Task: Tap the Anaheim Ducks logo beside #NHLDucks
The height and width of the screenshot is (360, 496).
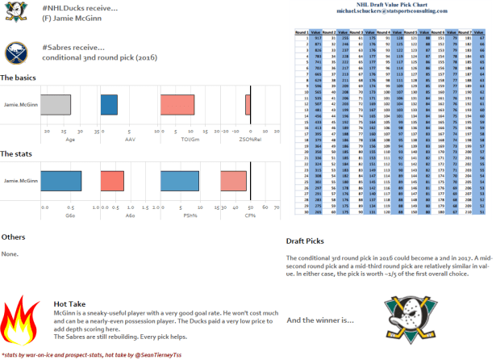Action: pyautogui.click(x=13, y=13)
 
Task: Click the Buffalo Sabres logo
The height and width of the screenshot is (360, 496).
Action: pyautogui.click(x=14, y=53)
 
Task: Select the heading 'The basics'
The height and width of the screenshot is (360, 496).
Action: pyautogui.click(x=19, y=77)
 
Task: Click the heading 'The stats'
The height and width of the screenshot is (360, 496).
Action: pyautogui.click(x=17, y=153)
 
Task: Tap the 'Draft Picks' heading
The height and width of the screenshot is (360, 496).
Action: pyautogui.click(x=306, y=242)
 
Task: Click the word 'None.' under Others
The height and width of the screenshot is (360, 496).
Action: pyautogui.click(x=10, y=253)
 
